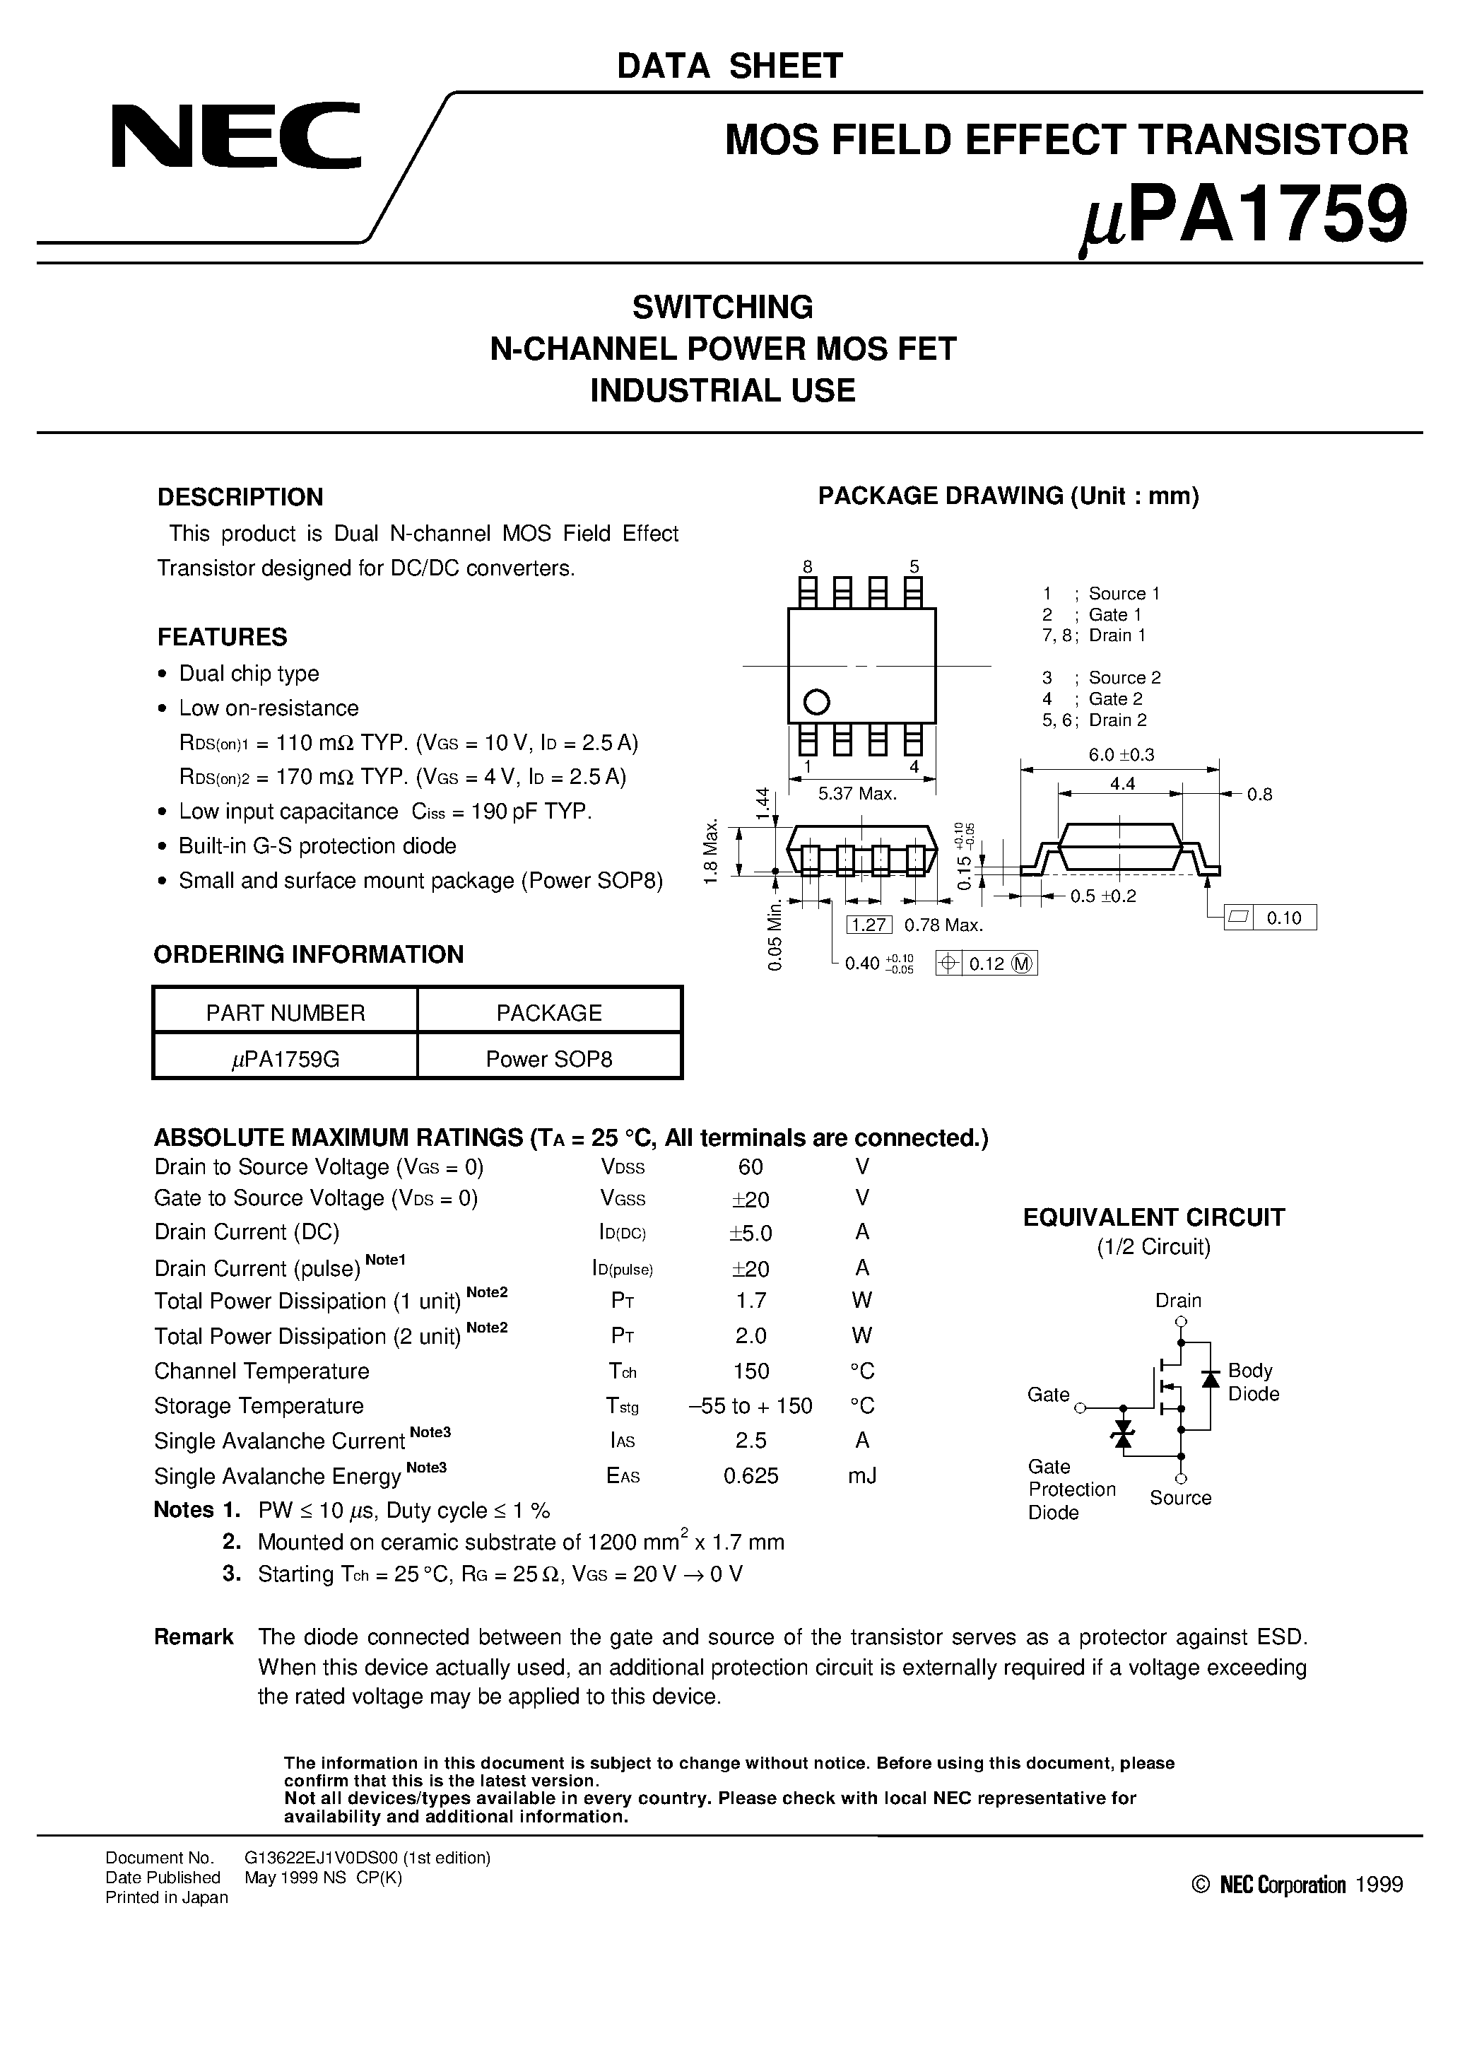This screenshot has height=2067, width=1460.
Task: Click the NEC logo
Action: point(236,136)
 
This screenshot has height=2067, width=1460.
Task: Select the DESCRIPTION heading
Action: point(240,497)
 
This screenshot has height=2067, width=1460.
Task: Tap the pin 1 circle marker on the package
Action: point(816,701)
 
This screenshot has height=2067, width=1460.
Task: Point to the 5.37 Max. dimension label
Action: point(858,794)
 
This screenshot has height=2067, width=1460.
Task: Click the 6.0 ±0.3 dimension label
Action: point(1121,754)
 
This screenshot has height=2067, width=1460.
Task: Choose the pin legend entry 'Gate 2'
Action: point(1115,698)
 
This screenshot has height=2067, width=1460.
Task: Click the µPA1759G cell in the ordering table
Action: point(285,1059)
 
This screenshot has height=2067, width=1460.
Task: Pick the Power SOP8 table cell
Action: point(548,1059)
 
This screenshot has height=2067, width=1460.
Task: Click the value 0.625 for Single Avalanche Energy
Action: point(750,1475)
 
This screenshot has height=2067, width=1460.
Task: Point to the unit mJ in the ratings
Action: point(861,1475)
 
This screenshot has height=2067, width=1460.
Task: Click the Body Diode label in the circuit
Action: point(1253,1382)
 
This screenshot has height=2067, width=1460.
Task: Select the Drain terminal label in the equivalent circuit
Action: point(1178,1300)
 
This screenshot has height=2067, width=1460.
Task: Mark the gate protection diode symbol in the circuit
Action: point(1122,1433)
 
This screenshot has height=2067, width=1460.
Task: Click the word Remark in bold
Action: point(194,1636)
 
